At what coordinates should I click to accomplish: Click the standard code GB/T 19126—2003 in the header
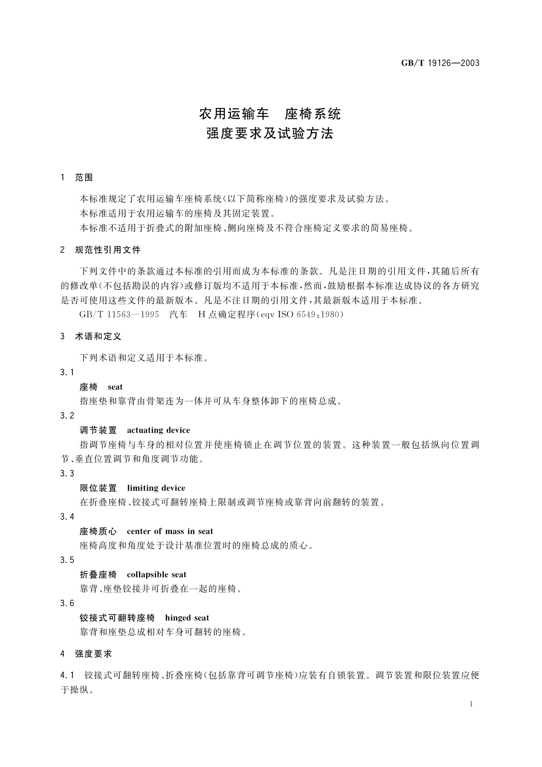click(440, 63)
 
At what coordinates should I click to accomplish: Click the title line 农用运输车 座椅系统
click(270, 113)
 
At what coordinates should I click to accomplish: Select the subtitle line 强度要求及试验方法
click(270, 134)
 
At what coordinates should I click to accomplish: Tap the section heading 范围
click(84, 178)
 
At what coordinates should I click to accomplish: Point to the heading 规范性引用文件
click(108, 250)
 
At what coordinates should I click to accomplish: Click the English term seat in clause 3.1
click(115, 387)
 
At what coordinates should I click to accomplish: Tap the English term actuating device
click(158, 430)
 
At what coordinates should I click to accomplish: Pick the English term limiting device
click(156, 488)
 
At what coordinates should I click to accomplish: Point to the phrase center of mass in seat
click(170, 532)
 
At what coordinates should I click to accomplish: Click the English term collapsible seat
click(157, 575)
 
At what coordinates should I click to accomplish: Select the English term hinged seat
click(187, 618)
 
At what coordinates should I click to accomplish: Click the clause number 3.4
click(67, 517)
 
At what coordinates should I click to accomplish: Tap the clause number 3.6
click(67, 603)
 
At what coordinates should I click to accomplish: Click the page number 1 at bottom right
click(471, 704)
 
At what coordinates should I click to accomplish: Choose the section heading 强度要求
click(93, 654)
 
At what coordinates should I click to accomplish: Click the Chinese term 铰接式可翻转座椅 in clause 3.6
click(117, 618)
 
